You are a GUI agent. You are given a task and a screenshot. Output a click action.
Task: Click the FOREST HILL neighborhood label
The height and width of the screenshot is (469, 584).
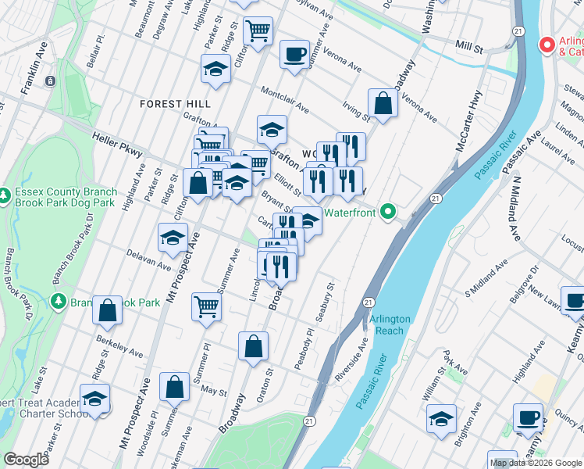pyautogui.click(x=170, y=104)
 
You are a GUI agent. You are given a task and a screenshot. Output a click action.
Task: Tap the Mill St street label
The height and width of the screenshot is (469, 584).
pyautogui.click(x=470, y=48)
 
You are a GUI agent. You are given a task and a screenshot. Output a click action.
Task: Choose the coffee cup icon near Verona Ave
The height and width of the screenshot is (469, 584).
pyautogui.click(x=294, y=55)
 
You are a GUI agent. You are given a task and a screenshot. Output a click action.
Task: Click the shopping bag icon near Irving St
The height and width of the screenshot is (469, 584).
pyautogui.click(x=383, y=103)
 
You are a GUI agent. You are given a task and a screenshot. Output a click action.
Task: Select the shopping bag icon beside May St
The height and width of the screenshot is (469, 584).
pyautogui.click(x=175, y=386)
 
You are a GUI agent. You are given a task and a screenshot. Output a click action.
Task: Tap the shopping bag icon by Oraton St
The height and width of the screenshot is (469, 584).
pyautogui.click(x=254, y=346)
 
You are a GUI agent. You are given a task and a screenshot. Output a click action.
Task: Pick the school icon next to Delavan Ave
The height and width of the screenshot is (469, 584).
pyautogui.click(x=173, y=238)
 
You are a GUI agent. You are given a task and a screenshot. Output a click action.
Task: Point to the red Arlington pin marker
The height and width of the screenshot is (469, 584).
pyautogui.click(x=547, y=45)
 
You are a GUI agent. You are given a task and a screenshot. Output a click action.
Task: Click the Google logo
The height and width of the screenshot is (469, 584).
pyautogui.click(x=27, y=460)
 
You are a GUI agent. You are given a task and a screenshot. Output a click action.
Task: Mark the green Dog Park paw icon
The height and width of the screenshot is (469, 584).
pyautogui.click(x=5, y=193)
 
